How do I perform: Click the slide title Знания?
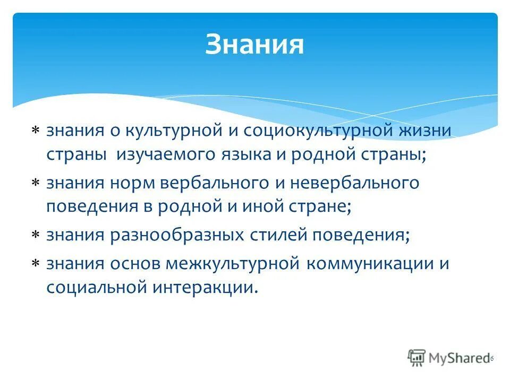(x=254, y=45)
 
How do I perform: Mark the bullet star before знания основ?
(x=35, y=264)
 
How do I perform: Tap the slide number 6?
(x=492, y=359)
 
